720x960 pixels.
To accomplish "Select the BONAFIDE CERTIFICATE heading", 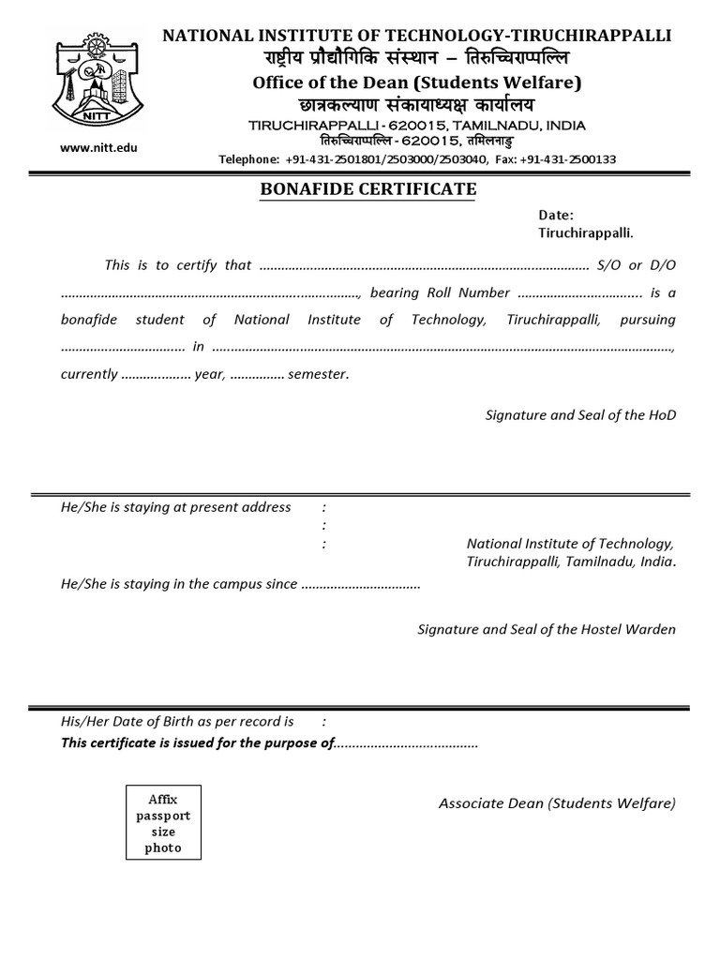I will click(367, 190).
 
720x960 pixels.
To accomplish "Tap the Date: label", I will click(556, 215).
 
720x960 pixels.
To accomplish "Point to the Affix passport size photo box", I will click(163, 823).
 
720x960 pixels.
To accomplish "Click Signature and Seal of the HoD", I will click(580, 414).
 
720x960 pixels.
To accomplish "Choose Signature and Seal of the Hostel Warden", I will click(546, 629).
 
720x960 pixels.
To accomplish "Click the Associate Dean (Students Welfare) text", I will click(557, 803).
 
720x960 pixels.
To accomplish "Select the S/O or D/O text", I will click(636, 265).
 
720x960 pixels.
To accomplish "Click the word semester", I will click(319, 374).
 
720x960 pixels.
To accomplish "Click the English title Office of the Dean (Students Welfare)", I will click(417, 82).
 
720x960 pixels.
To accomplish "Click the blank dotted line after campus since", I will click(361, 584).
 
